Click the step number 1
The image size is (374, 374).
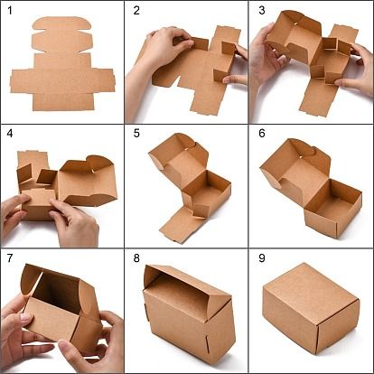click(10, 11)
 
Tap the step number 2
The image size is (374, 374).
click(136, 11)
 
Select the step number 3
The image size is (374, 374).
click(262, 11)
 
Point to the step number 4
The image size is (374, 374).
click(10, 134)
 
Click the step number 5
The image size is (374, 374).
click(136, 134)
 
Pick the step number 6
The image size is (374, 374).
click(262, 134)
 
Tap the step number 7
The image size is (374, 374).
click(10, 258)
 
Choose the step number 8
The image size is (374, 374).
click(136, 258)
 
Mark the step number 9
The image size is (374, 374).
click(262, 258)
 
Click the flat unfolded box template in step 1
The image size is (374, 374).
click(62, 65)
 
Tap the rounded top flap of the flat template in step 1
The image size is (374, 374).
click(62, 23)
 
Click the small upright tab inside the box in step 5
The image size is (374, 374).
click(201, 210)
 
